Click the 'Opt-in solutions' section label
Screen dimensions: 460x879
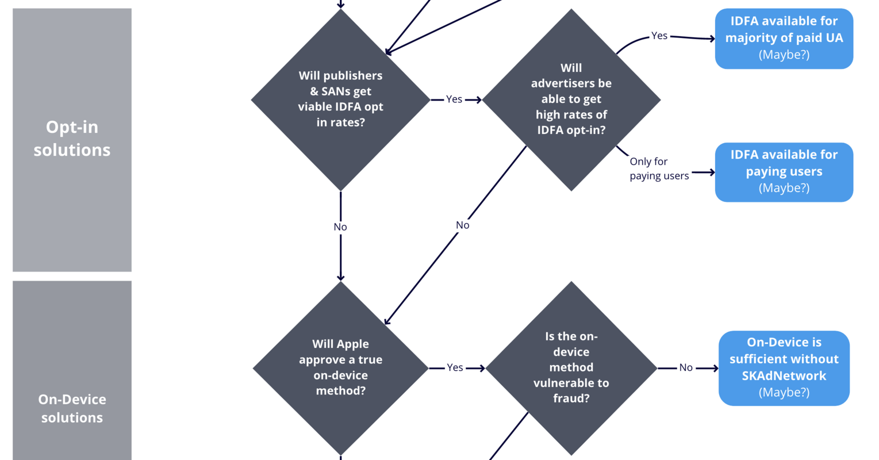72,139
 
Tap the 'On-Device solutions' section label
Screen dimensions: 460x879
72,408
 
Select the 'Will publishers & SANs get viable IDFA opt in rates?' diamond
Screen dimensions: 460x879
340,99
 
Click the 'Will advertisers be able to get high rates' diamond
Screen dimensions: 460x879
571,99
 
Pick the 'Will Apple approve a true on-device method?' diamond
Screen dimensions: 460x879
340,367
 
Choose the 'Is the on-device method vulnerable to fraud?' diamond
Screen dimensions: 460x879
571,367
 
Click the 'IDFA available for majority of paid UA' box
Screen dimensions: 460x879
784,38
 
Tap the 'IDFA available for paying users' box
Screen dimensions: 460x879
784,172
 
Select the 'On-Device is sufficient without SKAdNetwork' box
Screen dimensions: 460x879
784,367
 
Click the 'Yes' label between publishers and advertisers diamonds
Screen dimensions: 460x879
454,99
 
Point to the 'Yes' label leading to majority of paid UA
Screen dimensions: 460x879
659,36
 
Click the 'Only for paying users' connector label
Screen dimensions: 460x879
659,168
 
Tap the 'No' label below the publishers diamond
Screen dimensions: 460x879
340,227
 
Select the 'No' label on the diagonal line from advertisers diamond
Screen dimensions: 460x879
463,225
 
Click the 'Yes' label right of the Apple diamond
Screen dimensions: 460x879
455,367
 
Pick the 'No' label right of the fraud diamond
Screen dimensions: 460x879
686,367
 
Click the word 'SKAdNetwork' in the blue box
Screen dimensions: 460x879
784,375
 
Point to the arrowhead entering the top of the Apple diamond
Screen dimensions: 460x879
340,277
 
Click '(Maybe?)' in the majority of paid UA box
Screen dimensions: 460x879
784,55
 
